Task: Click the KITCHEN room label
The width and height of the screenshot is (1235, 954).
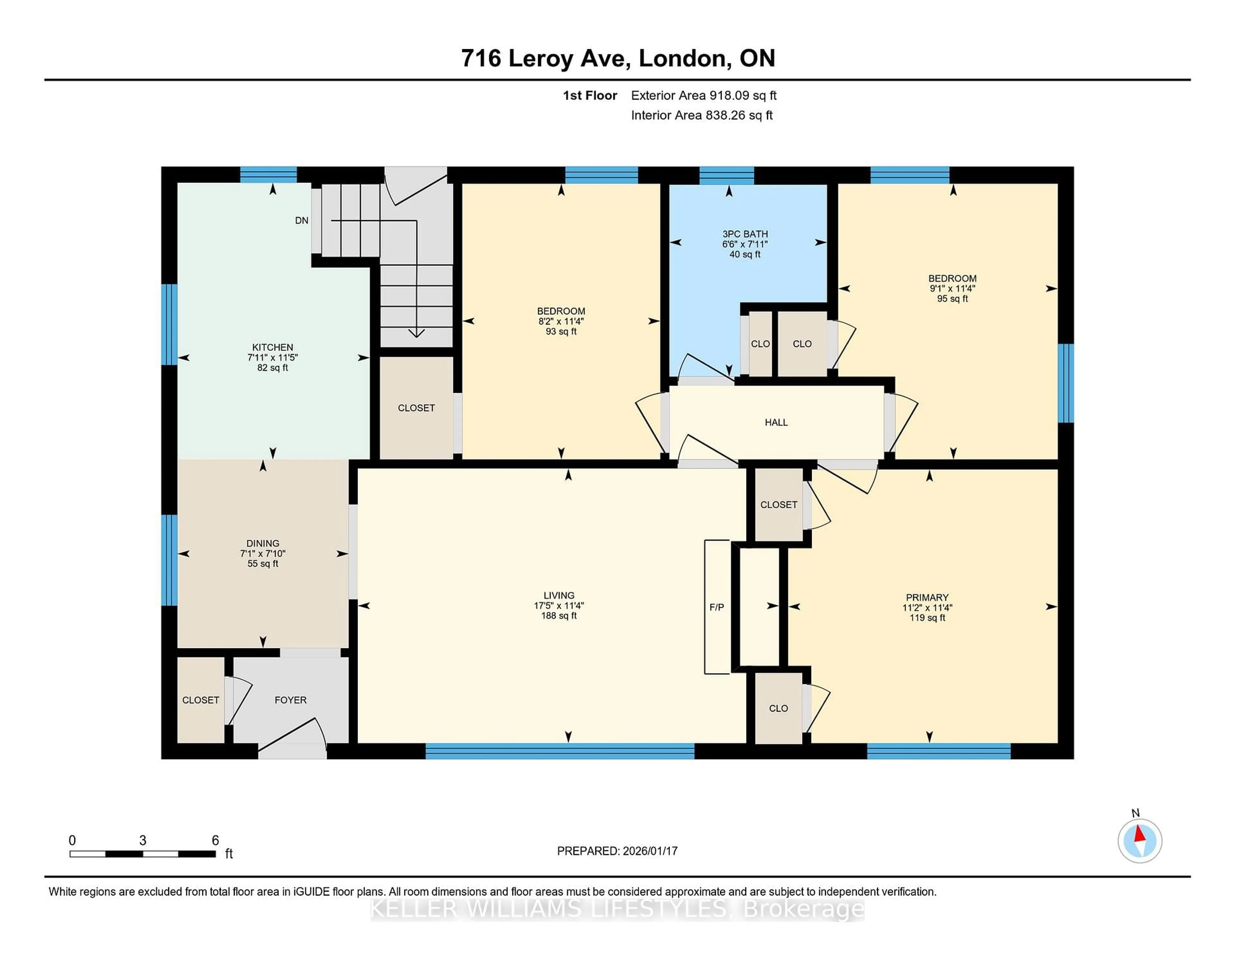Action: click(272, 347)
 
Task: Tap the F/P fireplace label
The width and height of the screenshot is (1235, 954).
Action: click(717, 607)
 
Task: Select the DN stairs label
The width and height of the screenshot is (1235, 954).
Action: click(301, 221)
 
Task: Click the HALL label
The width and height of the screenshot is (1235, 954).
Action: click(776, 422)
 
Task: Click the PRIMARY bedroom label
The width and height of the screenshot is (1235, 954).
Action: click(927, 598)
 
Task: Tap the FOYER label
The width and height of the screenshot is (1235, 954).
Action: click(290, 700)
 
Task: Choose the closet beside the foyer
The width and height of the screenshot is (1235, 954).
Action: click(200, 700)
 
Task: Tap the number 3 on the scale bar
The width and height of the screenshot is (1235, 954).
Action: click(142, 841)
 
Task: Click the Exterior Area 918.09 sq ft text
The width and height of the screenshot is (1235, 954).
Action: click(703, 95)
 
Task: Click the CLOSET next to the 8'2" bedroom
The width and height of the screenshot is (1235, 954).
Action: click(416, 408)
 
